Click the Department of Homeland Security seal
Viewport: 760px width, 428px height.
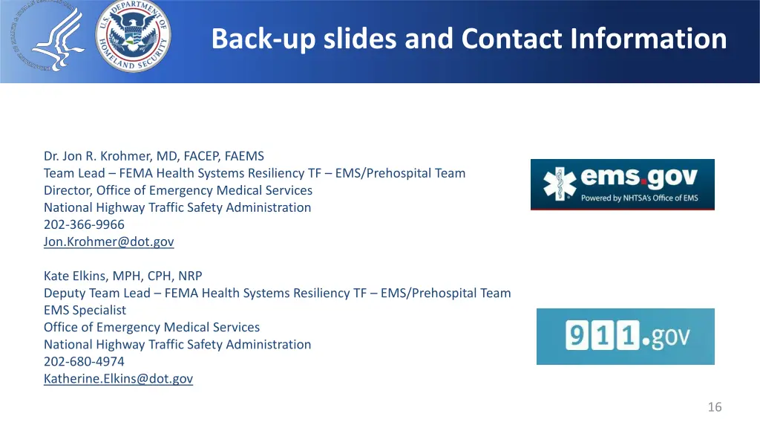click(134, 36)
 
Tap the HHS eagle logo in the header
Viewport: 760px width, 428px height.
click(47, 37)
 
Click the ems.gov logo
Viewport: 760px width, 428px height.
click(622, 184)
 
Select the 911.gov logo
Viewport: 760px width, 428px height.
click(625, 337)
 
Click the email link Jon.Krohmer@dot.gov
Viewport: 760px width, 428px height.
click(108, 241)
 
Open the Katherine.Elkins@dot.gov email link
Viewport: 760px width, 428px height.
click(118, 378)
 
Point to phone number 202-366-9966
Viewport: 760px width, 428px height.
click(84, 224)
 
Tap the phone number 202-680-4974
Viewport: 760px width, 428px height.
click(84, 361)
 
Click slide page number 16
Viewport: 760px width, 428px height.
click(714, 406)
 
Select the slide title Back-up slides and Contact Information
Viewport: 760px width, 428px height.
click(468, 39)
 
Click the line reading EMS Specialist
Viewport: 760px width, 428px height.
click(85, 310)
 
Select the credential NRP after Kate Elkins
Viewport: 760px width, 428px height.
click(189, 276)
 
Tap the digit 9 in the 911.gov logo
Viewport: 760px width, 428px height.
click(577, 337)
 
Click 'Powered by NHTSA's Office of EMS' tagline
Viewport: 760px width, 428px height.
click(639, 198)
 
